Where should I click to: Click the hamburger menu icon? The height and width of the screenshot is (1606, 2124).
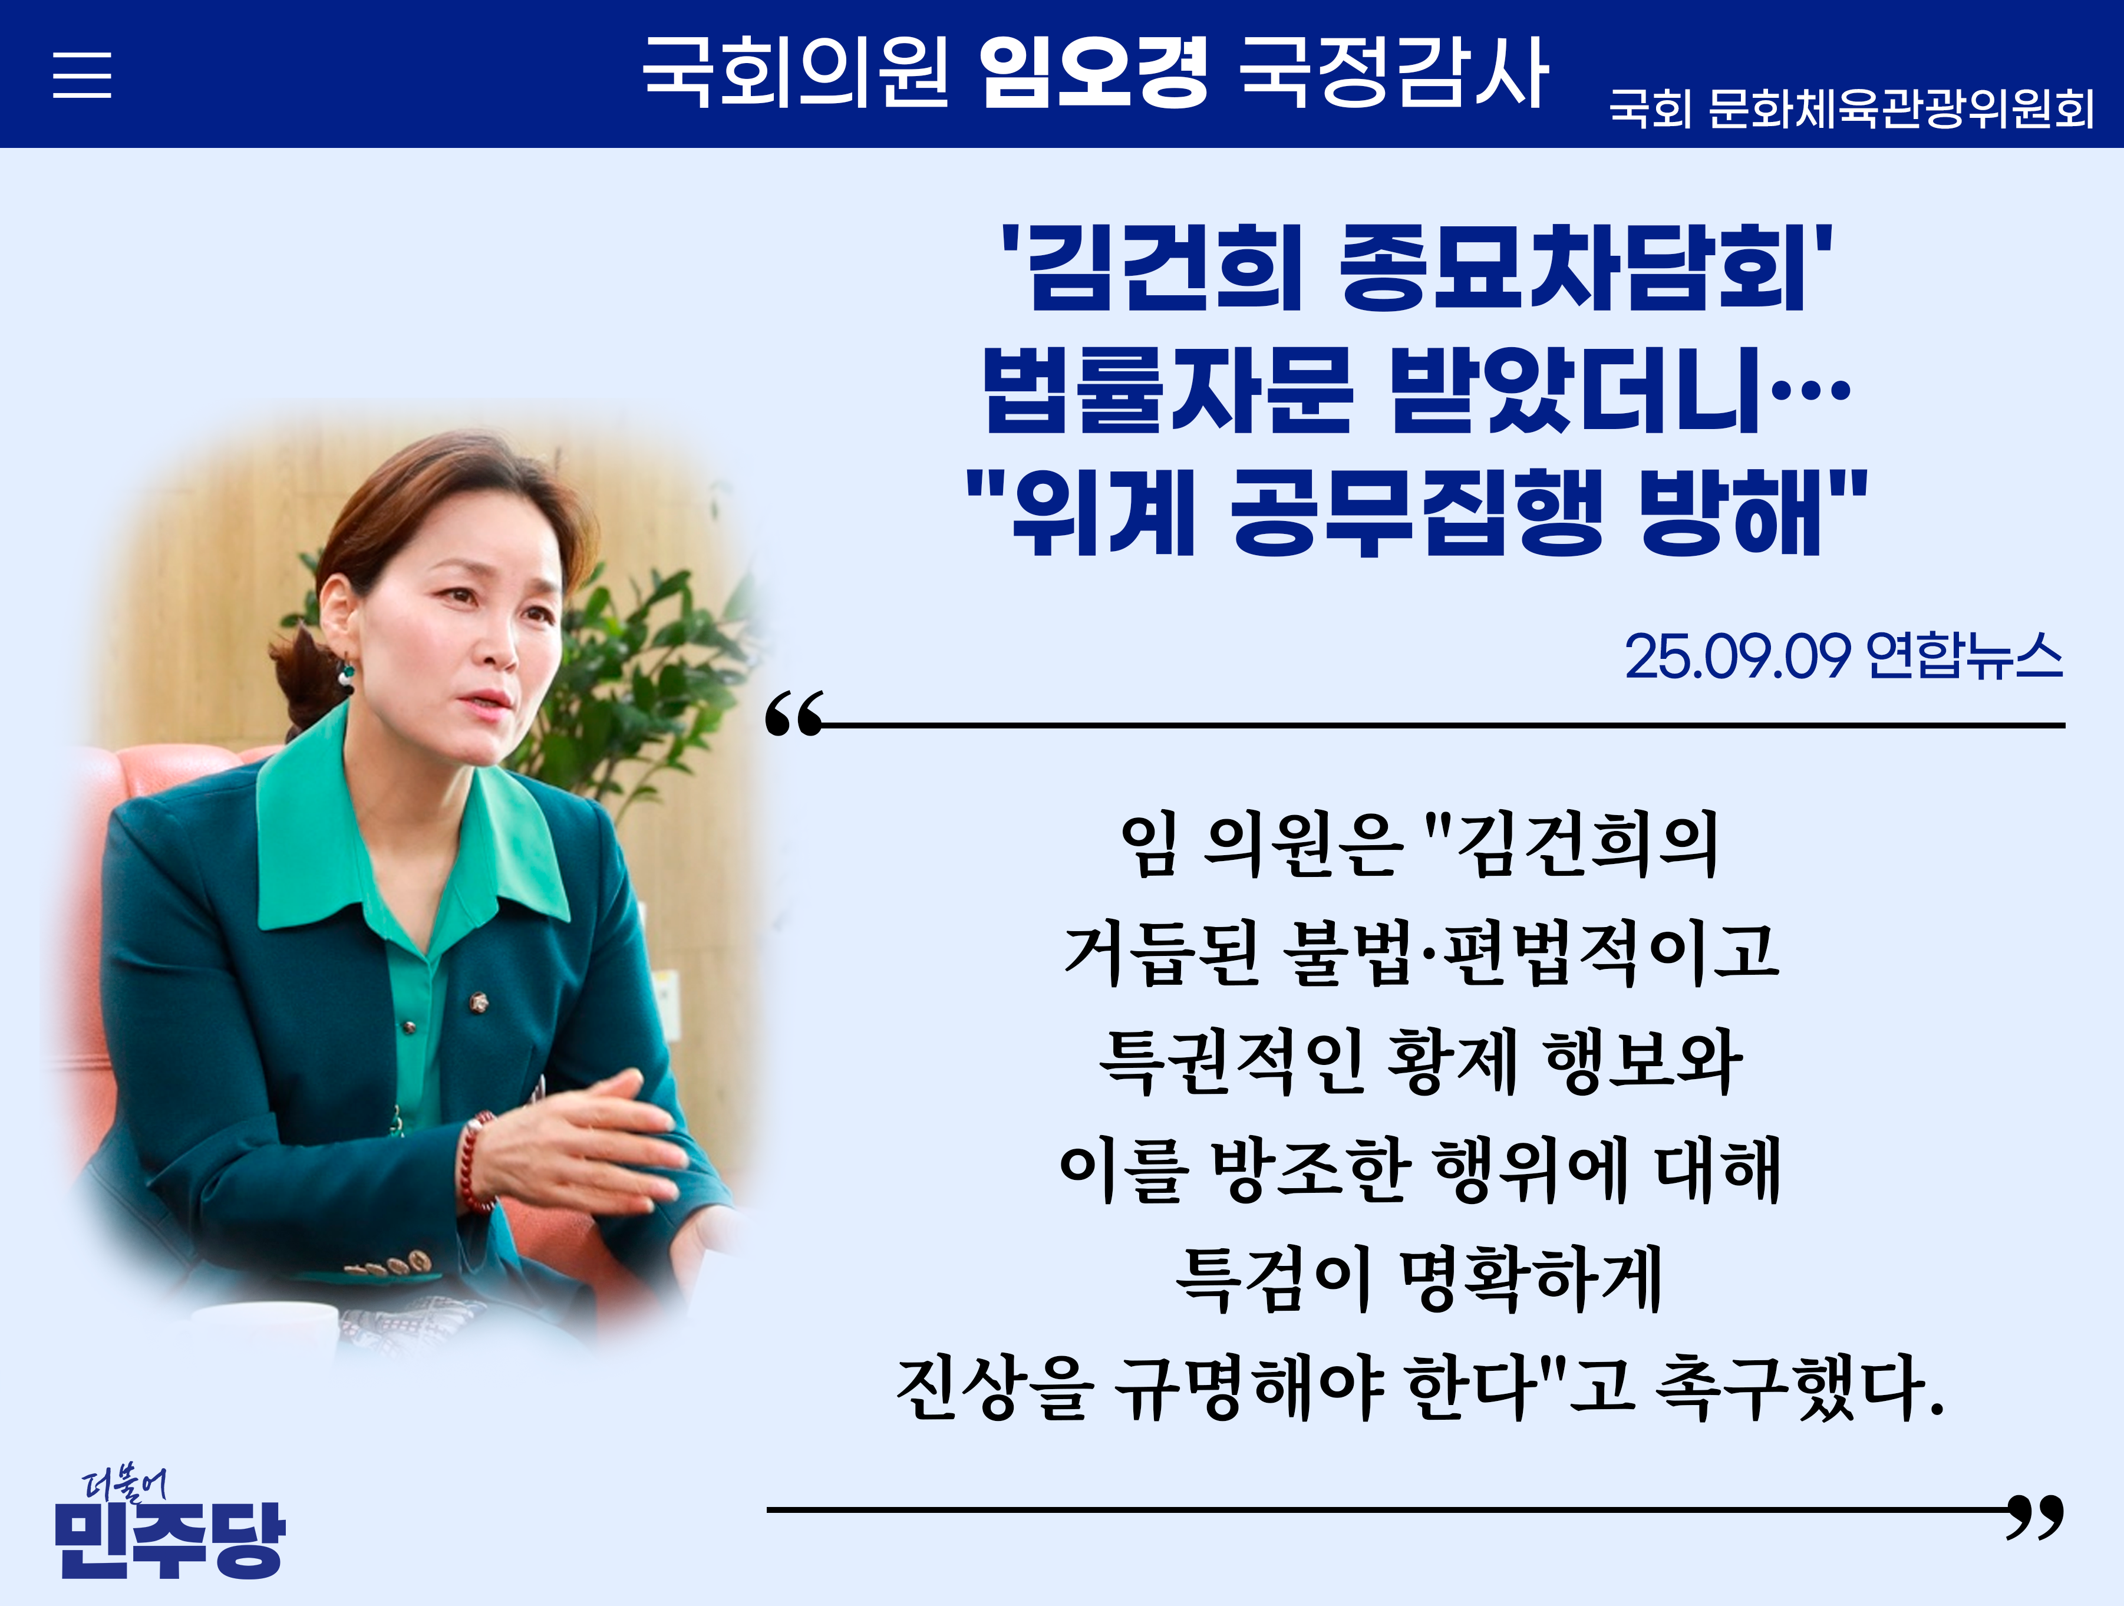tap(81, 75)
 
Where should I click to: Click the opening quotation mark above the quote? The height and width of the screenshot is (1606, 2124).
tap(794, 713)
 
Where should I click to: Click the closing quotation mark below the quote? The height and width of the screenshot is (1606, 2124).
tap(2034, 1516)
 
